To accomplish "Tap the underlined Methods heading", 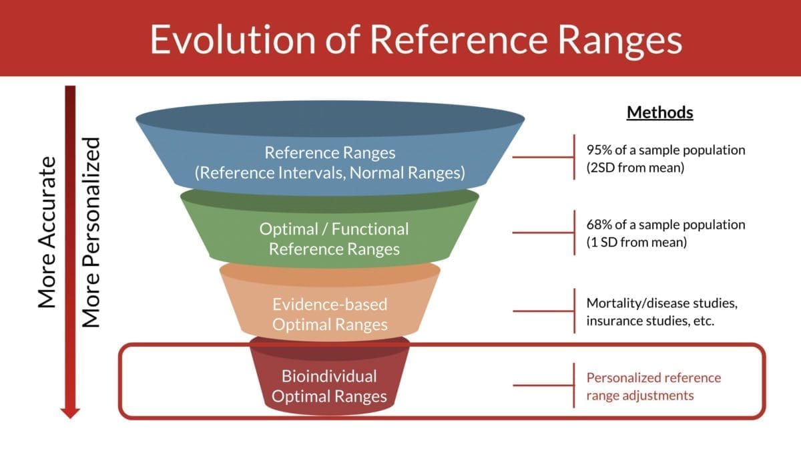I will (x=659, y=112).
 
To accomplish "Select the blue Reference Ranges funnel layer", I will (x=330, y=162).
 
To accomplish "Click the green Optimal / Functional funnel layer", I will (x=334, y=239).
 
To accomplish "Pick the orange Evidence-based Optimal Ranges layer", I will (x=330, y=314).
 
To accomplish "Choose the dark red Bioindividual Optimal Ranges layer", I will (x=329, y=386).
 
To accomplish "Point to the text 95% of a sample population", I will (x=665, y=150).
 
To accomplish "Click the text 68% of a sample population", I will (x=665, y=225).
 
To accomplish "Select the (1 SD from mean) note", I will (x=636, y=243).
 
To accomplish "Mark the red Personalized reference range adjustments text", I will (x=653, y=386).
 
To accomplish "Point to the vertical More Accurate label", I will (x=46, y=233).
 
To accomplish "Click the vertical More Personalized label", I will (x=91, y=233).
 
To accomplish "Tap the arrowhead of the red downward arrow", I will (x=69, y=412).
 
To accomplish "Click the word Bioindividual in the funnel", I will (x=329, y=375).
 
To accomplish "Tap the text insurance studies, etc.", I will (x=650, y=321).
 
